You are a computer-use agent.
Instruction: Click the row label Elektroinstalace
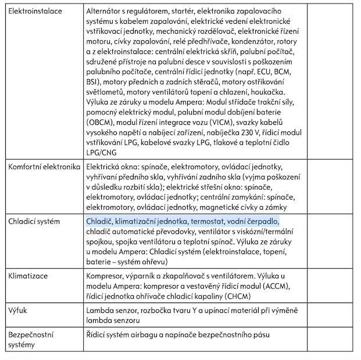pos(34,11)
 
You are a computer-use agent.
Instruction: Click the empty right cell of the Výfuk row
pos(333,315)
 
